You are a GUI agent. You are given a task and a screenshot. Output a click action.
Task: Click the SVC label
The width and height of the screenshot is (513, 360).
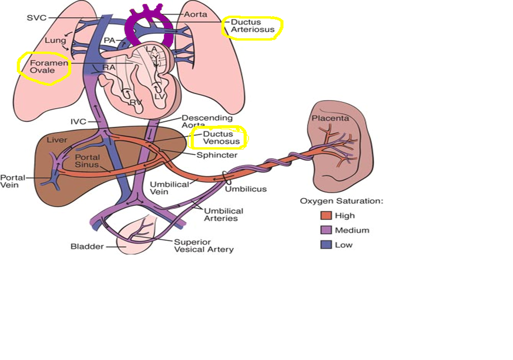[37, 18]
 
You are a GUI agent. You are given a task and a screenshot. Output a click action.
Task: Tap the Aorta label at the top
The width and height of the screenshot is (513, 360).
[195, 15]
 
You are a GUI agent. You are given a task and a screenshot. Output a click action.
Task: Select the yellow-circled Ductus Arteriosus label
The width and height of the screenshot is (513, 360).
[252, 26]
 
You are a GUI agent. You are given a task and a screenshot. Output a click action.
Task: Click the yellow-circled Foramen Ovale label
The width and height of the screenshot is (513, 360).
[49, 66]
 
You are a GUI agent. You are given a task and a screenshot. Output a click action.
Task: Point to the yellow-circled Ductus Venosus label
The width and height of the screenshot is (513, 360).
[221, 138]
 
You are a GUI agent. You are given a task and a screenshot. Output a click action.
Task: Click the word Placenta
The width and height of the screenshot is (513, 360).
[330, 118]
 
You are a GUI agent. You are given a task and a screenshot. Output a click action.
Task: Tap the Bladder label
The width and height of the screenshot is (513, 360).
[87, 246]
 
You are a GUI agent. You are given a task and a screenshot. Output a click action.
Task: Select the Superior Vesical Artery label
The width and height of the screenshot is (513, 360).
[204, 246]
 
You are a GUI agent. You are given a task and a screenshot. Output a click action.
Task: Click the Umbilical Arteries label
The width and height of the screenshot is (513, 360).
[223, 215]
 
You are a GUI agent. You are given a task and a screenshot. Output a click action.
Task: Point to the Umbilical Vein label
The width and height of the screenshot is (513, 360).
[170, 188]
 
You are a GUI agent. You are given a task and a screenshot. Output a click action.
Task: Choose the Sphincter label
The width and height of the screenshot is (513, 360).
[217, 155]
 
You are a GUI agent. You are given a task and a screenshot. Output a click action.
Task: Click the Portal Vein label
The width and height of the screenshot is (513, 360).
[13, 181]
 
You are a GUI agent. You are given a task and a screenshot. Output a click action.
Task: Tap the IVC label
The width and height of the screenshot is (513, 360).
[79, 122]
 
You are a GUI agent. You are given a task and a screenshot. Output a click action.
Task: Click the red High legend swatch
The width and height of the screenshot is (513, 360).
[326, 215]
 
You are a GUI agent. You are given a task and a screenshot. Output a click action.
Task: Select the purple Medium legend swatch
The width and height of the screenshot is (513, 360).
[326, 230]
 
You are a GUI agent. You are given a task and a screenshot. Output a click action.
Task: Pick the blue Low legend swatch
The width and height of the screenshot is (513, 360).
[326, 245]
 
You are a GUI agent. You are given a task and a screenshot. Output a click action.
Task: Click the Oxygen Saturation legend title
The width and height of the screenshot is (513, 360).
[342, 201]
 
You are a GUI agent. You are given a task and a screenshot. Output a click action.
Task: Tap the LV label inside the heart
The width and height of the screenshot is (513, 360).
[160, 96]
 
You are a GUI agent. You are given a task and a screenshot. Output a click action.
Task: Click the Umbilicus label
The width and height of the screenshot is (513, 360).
[246, 189]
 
